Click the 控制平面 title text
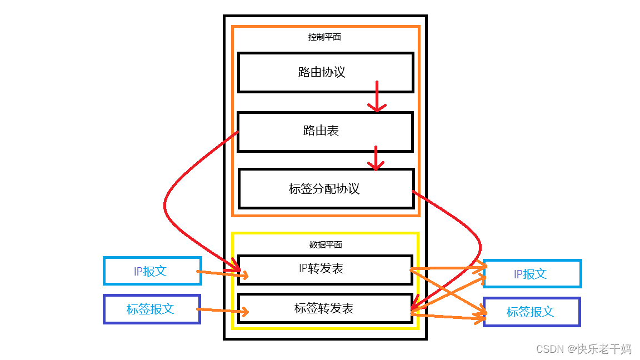[x=324, y=37]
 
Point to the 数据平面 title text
[x=324, y=244]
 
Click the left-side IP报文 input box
[x=152, y=271]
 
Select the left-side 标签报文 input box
[x=151, y=309]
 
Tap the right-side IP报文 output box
[x=532, y=273]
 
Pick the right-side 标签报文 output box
[x=531, y=312]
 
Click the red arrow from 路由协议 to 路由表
[x=377, y=96]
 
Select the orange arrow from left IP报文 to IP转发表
[x=219, y=273]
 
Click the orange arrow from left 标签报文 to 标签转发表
[x=222, y=311]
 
